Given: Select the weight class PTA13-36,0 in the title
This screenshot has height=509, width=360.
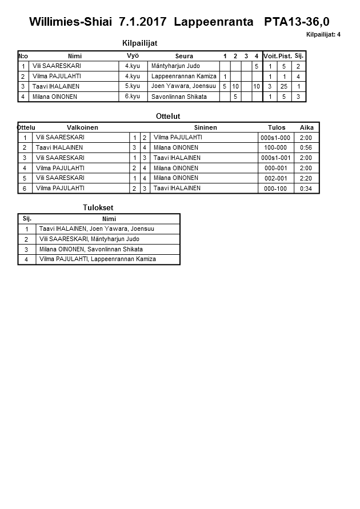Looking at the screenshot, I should [297, 22].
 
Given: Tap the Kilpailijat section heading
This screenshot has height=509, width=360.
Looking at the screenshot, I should [139, 43].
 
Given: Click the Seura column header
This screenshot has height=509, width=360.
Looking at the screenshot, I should [184, 56].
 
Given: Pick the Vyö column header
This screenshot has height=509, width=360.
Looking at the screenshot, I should [133, 56].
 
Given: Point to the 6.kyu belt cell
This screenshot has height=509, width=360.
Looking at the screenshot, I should [133, 97].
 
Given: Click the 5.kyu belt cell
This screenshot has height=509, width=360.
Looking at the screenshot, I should [133, 86].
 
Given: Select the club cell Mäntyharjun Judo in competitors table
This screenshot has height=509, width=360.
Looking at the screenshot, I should [175, 66].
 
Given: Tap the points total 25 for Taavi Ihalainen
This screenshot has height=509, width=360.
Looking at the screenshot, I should [284, 86].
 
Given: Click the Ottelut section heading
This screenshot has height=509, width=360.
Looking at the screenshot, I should [168, 117].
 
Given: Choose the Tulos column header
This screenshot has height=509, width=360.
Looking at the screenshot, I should [276, 127].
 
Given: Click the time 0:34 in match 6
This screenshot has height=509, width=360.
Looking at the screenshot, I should [306, 188].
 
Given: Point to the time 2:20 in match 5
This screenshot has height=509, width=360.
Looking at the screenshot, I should [306, 178].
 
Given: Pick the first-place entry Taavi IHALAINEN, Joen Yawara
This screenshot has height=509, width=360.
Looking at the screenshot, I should [97, 229].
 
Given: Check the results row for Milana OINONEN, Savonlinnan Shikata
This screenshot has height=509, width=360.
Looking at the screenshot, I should [91, 249].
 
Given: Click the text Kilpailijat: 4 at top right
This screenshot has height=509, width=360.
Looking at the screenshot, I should [323, 35].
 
